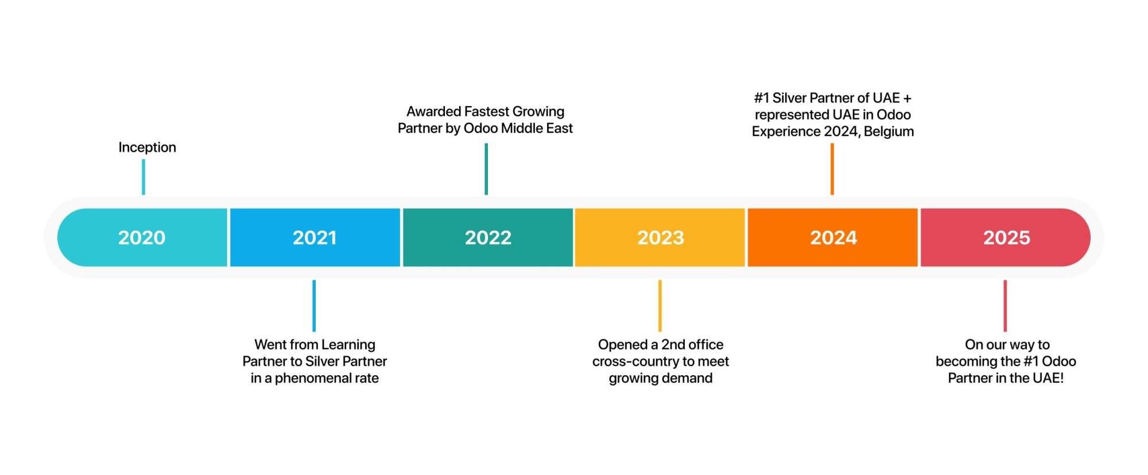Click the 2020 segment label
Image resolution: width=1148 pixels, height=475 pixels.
[x=142, y=237]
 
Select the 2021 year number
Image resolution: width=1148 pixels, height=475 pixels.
[x=315, y=237]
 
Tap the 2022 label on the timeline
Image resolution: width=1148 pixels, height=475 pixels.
[x=488, y=237]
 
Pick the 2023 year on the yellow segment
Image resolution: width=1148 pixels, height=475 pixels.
[x=661, y=237]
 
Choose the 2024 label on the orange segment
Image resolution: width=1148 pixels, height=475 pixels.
[x=833, y=237]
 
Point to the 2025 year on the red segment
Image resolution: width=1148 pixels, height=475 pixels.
[x=1007, y=237]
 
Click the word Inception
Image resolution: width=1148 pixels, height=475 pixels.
[x=147, y=148]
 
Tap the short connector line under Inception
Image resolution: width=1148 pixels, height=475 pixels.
[x=143, y=177]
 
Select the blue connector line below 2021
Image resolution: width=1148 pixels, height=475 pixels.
[x=314, y=306]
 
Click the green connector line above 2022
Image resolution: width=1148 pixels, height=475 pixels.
[x=486, y=169]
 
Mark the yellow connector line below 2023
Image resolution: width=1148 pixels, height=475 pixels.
[x=660, y=306]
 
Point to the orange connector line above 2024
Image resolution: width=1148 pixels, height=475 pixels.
[x=832, y=169]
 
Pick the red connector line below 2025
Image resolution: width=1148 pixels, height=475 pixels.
[x=1005, y=306]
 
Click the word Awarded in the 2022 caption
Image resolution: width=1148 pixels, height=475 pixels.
[x=433, y=111]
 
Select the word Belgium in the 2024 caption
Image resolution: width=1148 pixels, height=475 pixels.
[x=889, y=132]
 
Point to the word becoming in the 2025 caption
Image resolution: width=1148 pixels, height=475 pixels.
[x=963, y=362]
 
